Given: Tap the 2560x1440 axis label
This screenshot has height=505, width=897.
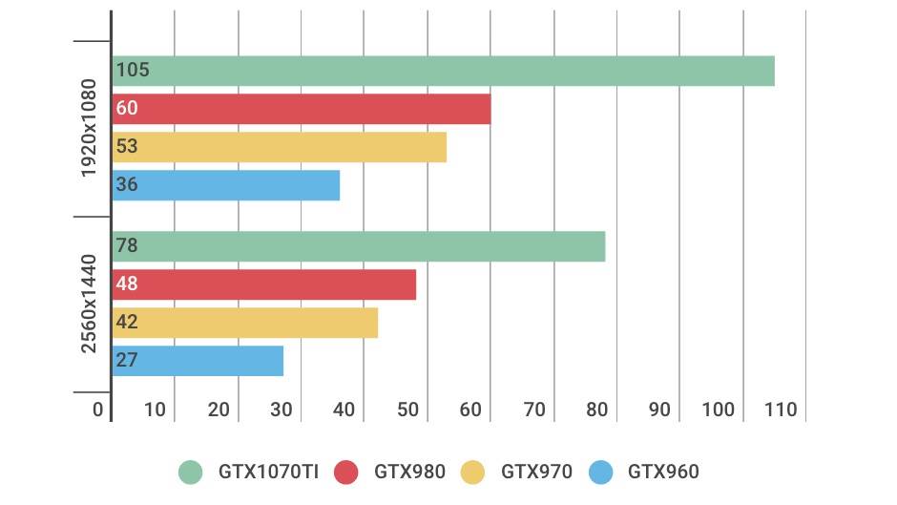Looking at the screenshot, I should tap(89, 304).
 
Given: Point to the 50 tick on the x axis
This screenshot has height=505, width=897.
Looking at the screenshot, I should tap(408, 410).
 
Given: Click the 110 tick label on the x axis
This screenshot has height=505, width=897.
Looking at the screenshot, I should tap(780, 410).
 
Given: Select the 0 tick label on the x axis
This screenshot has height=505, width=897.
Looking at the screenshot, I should tap(98, 410).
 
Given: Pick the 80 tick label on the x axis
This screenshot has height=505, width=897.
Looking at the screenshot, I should tap(597, 410).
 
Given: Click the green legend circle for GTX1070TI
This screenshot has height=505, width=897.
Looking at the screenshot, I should tap(192, 472).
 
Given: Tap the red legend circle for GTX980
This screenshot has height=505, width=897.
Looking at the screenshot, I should tap(345, 472).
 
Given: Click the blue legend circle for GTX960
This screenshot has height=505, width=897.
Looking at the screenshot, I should tap(601, 472).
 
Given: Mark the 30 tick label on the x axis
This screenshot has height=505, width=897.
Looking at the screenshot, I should tap(282, 410).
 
